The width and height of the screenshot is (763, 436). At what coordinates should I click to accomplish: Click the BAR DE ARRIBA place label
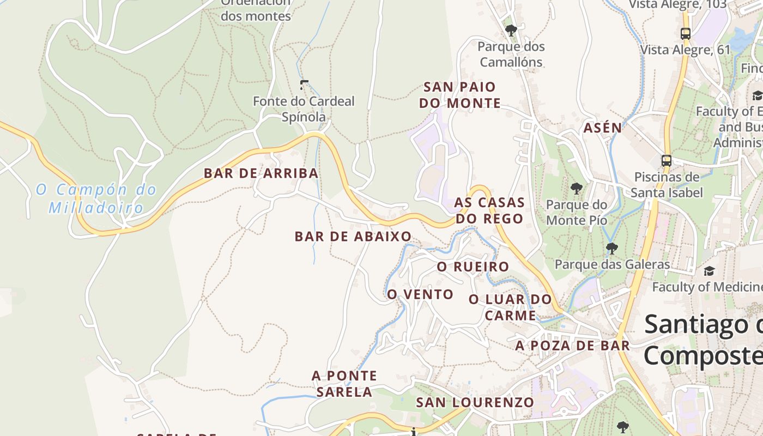(x=261, y=173)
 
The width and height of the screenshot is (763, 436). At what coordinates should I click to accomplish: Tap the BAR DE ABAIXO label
(x=353, y=237)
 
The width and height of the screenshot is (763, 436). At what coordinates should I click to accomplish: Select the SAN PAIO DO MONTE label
(x=462, y=95)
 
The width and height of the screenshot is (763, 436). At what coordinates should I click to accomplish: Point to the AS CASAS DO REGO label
(x=489, y=210)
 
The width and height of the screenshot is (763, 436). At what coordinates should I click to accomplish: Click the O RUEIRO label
(x=473, y=267)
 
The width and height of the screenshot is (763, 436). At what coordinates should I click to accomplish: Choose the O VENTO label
(x=420, y=294)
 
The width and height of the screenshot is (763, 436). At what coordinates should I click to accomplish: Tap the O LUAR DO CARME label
(x=510, y=307)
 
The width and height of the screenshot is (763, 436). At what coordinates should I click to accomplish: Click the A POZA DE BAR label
(x=572, y=346)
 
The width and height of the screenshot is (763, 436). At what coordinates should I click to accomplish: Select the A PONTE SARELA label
(x=344, y=384)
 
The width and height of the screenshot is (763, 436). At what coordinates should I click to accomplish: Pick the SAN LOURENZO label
(x=475, y=403)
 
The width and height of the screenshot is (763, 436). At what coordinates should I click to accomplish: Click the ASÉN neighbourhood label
(x=602, y=128)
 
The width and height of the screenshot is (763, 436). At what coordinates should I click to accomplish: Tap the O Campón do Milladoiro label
(x=96, y=198)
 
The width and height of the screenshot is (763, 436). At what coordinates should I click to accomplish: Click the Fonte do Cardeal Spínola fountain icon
(x=304, y=85)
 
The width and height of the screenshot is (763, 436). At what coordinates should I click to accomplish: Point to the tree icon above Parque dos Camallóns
(x=511, y=30)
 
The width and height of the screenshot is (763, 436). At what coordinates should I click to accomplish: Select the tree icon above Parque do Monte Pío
(x=576, y=189)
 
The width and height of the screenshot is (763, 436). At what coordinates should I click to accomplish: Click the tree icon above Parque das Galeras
(x=611, y=249)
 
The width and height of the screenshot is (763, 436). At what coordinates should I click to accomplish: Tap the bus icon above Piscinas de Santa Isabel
(x=666, y=161)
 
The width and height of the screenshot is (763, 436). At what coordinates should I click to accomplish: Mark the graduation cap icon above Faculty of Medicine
(x=709, y=271)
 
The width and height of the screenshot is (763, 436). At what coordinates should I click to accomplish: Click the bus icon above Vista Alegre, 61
(x=686, y=33)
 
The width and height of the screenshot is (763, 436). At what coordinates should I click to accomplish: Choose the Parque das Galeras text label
(x=611, y=265)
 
